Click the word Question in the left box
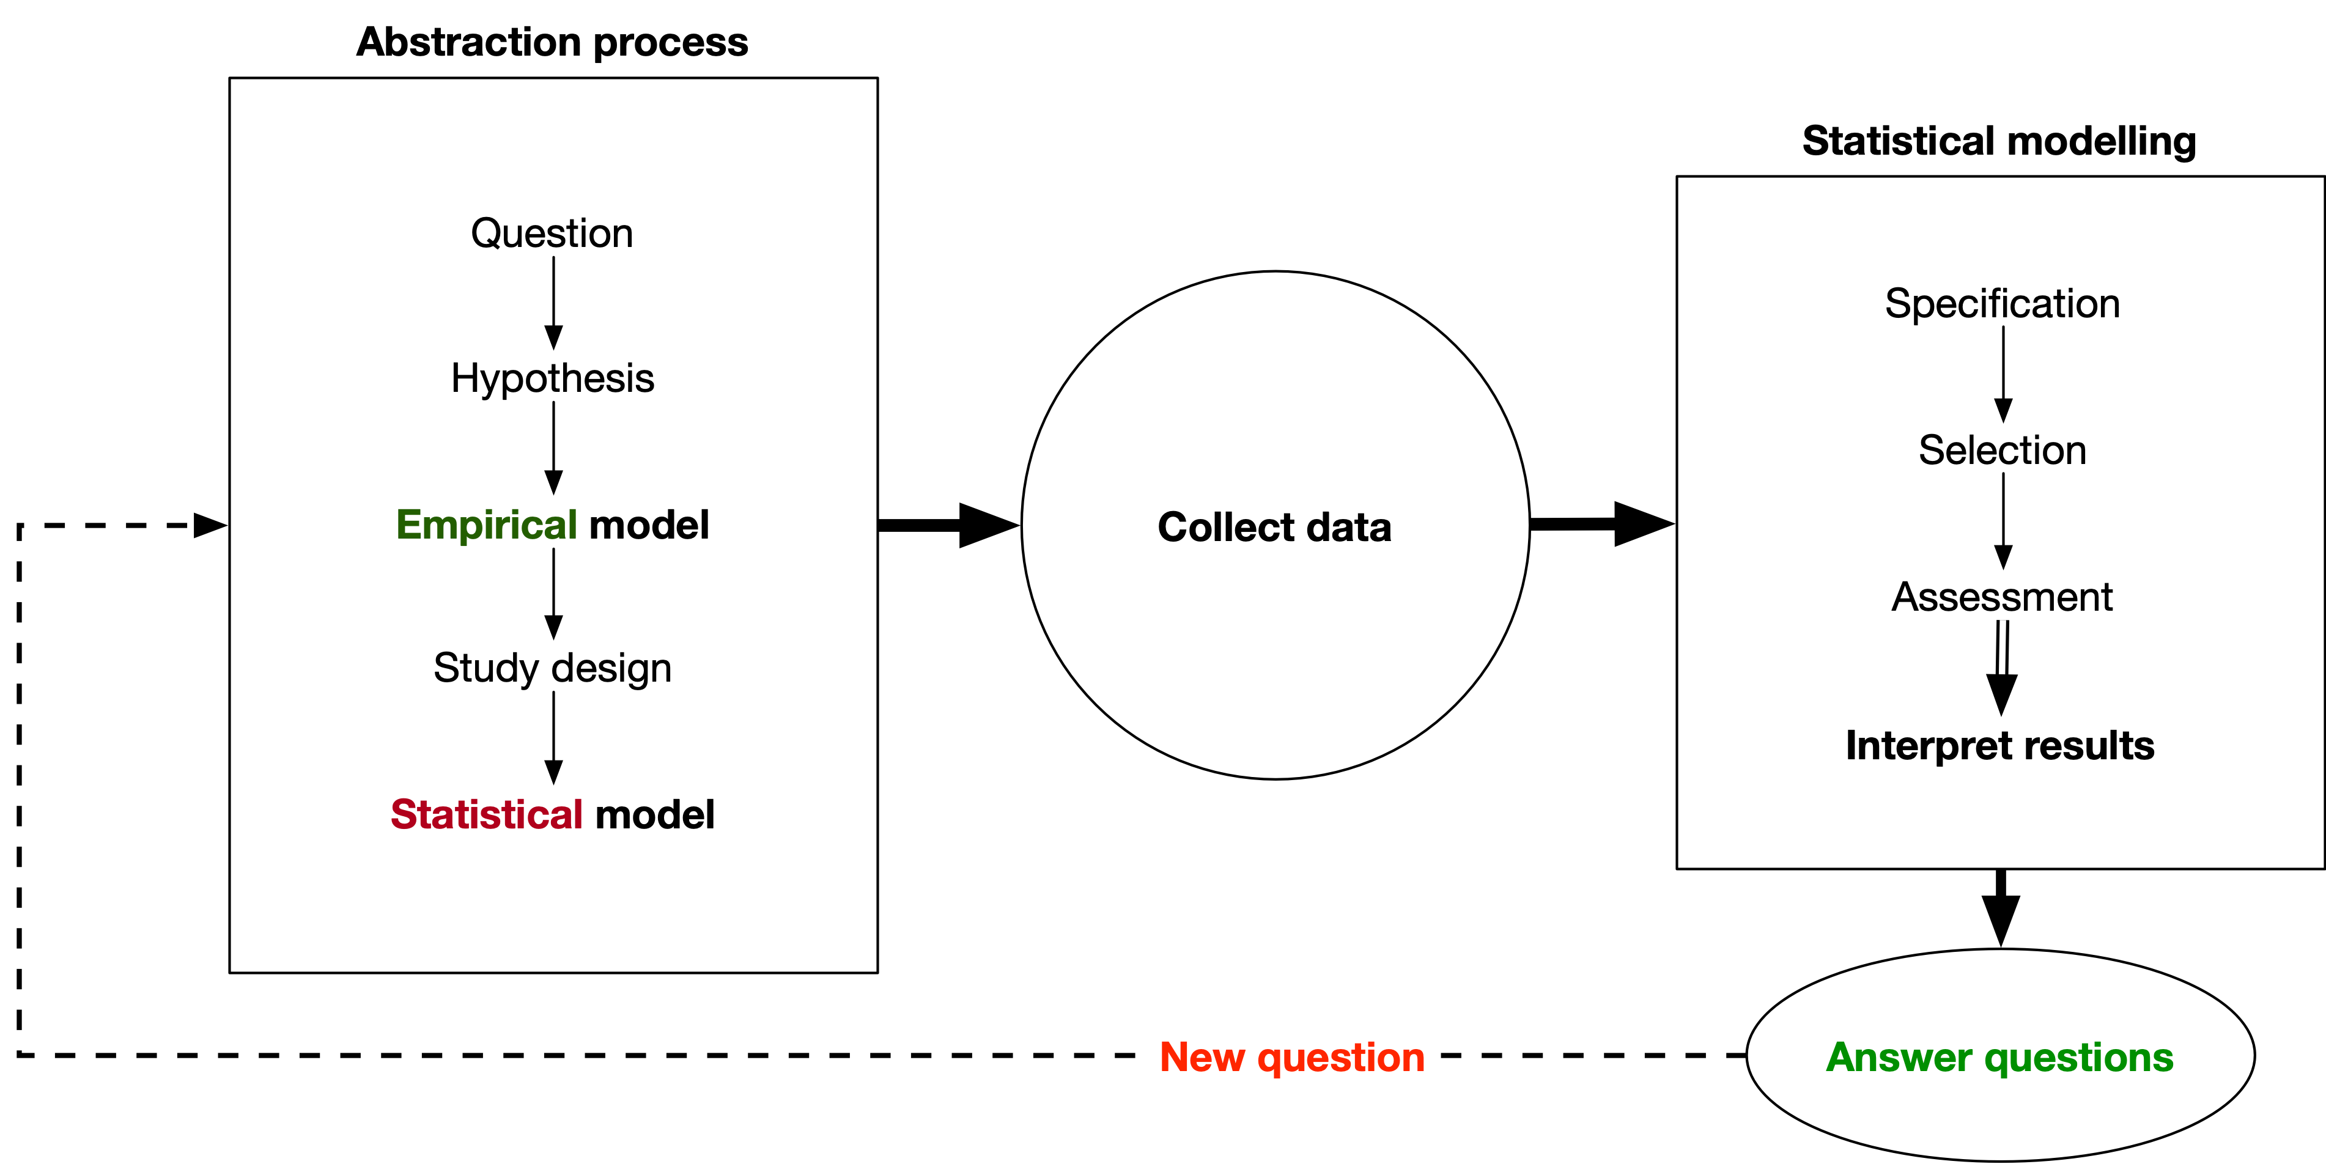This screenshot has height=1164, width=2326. [552, 234]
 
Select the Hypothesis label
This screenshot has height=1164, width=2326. [552, 378]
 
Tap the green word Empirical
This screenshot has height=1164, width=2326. [486, 525]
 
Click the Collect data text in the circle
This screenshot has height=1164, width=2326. [1274, 528]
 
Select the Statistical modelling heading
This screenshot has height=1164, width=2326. [1998, 142]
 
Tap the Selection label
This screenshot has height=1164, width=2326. [2002, 451]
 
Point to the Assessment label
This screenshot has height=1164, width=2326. [2002, 597]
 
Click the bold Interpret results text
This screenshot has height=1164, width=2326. [1999, 746]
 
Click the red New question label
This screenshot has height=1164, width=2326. [1291, 1056]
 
